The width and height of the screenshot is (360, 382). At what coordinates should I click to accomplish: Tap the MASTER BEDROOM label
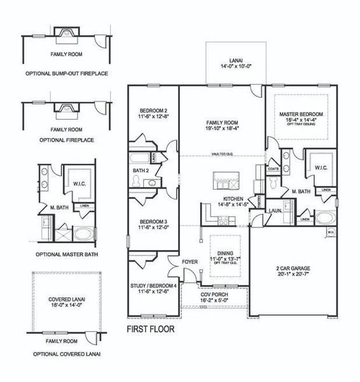301,114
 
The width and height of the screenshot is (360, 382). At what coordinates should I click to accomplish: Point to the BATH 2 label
141,171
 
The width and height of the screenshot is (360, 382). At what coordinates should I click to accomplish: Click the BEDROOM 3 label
153,223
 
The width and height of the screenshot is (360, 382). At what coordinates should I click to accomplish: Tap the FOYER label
190,261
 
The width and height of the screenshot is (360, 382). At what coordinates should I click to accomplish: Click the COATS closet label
274,169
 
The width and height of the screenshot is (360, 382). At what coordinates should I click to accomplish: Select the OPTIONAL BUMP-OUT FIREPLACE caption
67,73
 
